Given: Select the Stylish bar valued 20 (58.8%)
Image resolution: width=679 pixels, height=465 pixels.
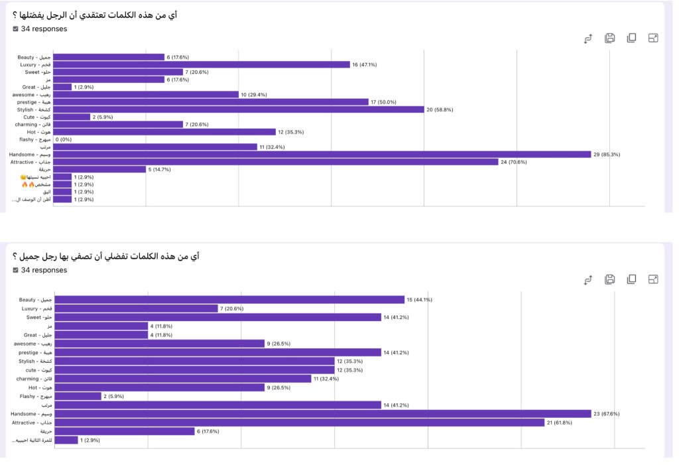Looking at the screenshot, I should (238, 109).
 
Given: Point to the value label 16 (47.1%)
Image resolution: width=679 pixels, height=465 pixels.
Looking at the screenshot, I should (365, 64).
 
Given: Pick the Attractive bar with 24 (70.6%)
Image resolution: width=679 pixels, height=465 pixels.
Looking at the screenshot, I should (275, 161).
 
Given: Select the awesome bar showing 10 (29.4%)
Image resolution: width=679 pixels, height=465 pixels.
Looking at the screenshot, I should (145, 94).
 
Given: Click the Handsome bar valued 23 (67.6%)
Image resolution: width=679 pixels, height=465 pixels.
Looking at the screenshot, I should (322, 413).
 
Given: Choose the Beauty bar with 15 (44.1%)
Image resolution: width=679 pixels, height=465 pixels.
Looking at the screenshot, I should (229, 300).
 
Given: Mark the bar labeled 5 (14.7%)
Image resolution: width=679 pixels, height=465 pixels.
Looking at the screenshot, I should (99, 169).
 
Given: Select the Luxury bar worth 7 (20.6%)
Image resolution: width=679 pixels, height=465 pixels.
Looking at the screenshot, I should (136, 308).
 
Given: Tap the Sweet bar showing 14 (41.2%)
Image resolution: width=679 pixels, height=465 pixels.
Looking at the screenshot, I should (217, 317).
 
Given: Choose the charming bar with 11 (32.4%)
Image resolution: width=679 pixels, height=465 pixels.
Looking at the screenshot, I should (182, 379).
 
